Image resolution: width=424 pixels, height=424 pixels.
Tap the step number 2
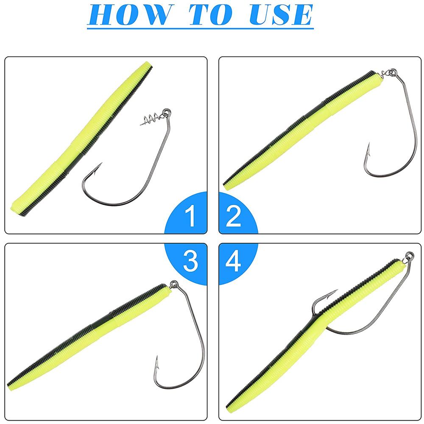234,216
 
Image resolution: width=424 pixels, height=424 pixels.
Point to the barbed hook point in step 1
100,165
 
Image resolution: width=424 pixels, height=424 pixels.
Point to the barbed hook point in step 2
368,148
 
